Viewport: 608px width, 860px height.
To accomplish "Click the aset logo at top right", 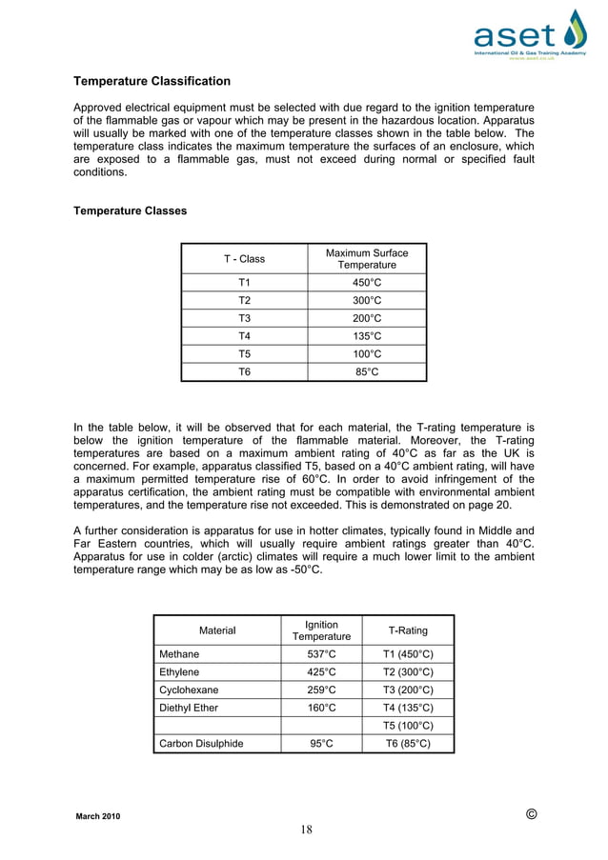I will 530,35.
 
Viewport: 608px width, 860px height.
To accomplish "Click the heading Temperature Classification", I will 152,81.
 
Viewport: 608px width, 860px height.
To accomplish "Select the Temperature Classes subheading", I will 131,210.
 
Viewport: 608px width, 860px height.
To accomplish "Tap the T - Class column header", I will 244,259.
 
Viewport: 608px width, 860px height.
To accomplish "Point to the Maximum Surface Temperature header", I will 366,259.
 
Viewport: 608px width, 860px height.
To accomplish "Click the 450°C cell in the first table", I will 366,283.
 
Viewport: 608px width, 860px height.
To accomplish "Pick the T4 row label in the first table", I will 244,336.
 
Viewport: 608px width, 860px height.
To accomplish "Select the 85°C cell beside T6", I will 366,372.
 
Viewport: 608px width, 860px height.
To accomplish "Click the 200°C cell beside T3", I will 366,318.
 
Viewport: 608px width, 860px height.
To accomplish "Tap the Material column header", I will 216,630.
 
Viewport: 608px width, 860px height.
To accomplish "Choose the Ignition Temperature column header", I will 321,630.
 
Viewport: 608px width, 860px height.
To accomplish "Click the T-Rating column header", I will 408,630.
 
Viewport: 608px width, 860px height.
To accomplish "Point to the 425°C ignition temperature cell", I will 321,672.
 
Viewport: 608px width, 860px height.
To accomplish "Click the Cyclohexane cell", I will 188,690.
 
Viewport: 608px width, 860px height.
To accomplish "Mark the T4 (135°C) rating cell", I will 408,708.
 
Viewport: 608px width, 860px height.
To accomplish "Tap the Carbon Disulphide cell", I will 200,744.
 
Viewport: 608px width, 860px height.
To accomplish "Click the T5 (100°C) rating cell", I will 408,726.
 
